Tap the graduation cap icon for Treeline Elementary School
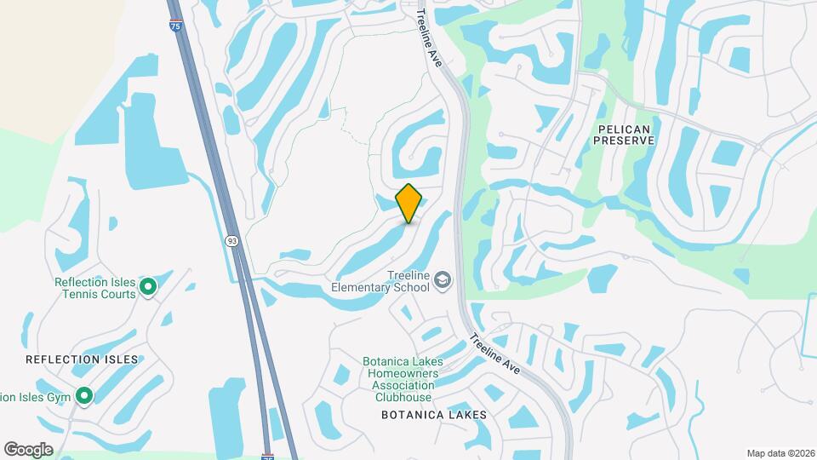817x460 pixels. (443, 280)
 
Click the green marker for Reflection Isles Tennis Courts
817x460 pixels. (148, 287)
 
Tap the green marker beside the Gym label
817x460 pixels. (84, 396)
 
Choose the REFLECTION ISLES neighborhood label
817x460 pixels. (82, 359)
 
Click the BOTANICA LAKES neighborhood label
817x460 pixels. (434, 415)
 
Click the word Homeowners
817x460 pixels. (400, 373)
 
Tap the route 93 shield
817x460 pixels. (232, 241)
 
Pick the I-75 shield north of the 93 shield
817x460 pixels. (175, 26)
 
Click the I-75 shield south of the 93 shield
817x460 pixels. (267, 457)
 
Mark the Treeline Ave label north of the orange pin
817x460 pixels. (429, 39)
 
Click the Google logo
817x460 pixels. (28, 450)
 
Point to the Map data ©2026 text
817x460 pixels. (780, 453)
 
